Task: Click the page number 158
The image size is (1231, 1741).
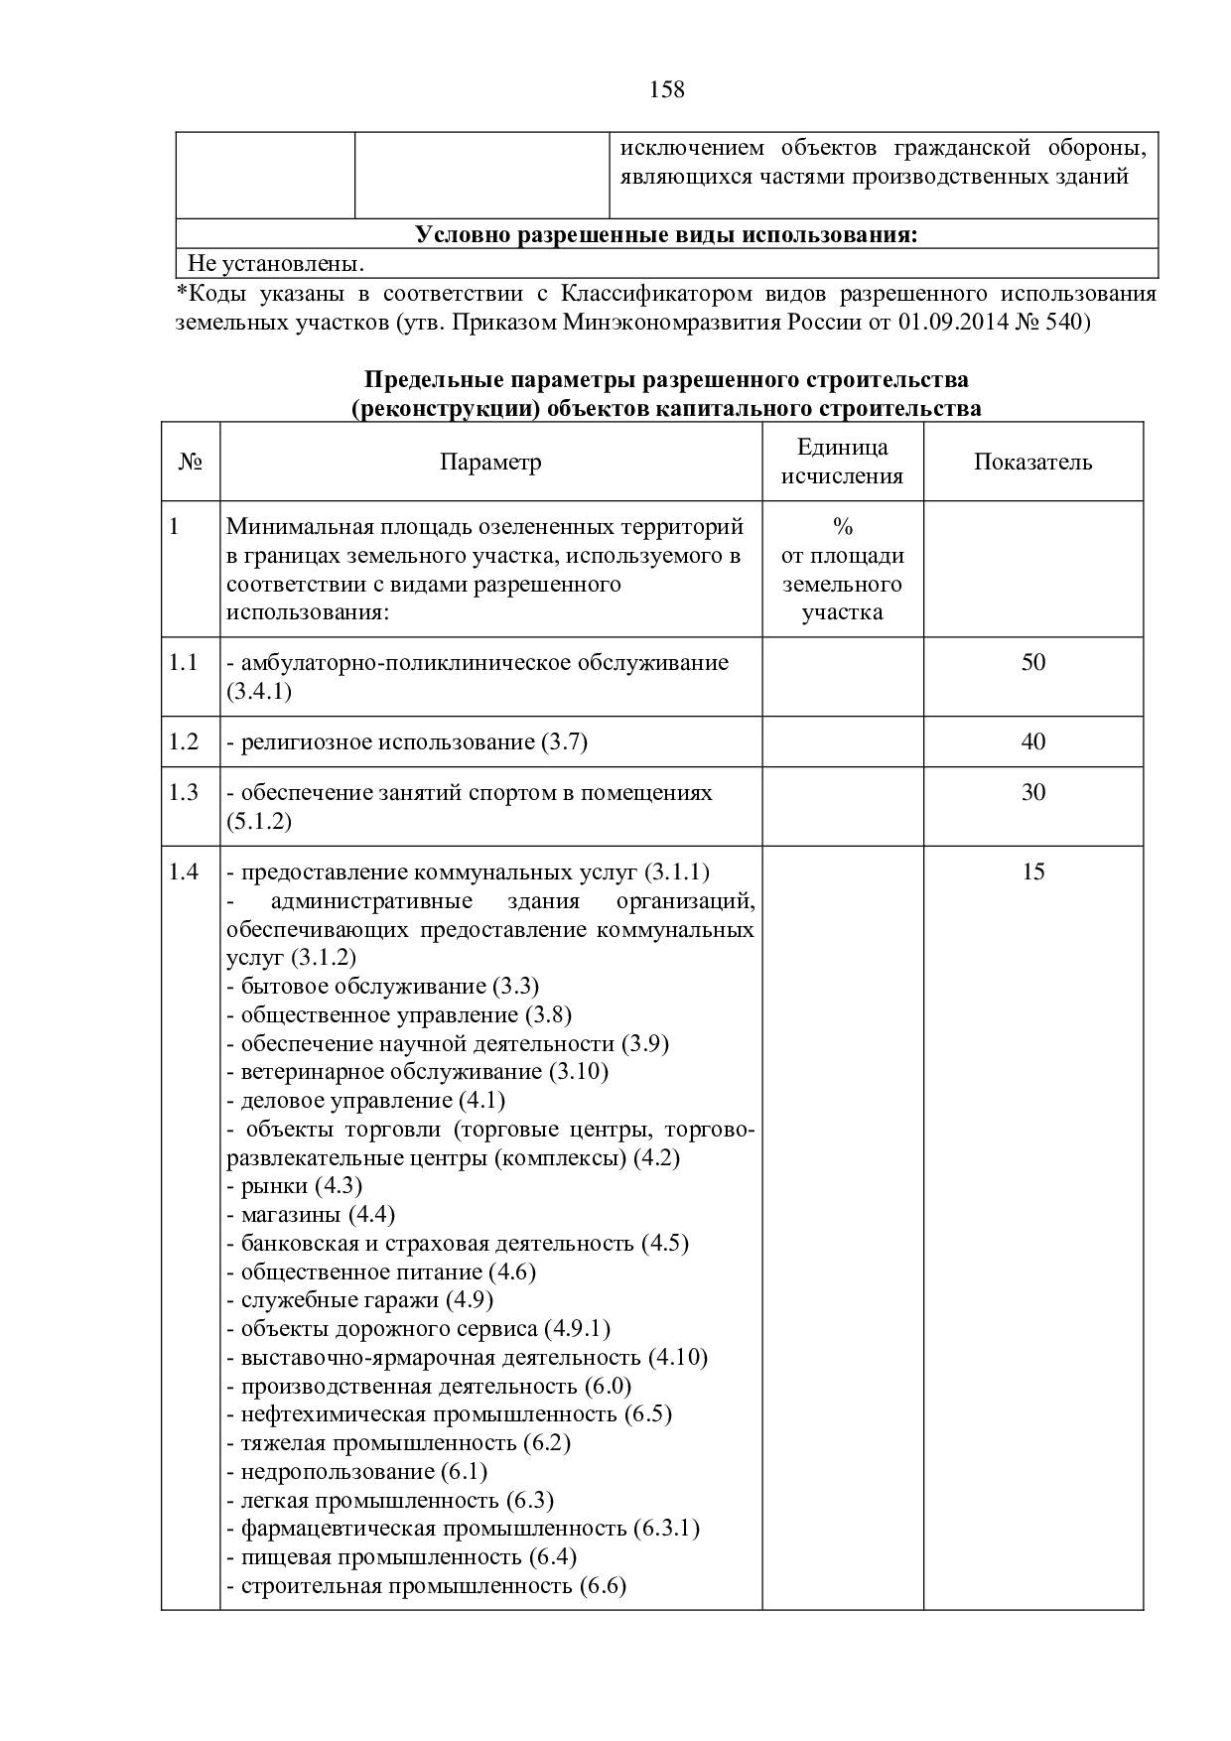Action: (x=667, y=90)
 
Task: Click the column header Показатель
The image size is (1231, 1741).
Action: (x=1032, y=463)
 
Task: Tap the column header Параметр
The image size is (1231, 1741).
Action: (x=490, y=463)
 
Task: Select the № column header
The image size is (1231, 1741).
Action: (x=191, y=463)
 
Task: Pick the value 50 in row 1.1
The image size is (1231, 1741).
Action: (x=1032, y=663)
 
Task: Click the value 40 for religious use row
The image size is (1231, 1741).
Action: (x=1032, y=742)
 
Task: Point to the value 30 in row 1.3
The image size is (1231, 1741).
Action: (x=1032, y=793)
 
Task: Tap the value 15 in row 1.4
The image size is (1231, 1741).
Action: (x=1032, y=872)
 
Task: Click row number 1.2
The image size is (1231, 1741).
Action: (x=184, y=742)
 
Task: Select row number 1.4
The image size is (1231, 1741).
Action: (x=184, y=872)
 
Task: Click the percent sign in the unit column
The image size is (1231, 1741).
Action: (x=843, y=527)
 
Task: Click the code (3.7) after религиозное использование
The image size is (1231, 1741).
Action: (x=564, y=742)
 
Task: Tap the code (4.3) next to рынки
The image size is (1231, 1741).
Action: (x=339, y=1186)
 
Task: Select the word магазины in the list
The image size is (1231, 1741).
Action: (x=290, y=1215)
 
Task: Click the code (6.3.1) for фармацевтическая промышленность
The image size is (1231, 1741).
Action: (x=666, y=1529)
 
